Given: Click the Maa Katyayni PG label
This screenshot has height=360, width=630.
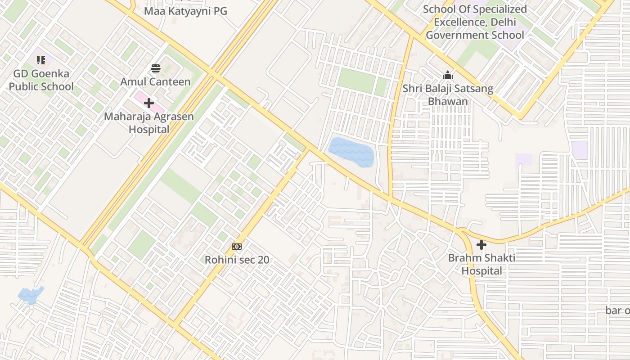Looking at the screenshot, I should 185,11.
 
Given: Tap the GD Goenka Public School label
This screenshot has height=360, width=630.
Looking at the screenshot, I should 41,80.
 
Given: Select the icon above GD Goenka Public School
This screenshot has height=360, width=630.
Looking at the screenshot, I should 41,60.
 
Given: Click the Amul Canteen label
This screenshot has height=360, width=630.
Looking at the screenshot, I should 155,82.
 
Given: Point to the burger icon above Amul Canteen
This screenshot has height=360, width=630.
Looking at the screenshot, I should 156,68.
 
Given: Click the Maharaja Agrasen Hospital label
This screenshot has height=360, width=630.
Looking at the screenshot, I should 149,123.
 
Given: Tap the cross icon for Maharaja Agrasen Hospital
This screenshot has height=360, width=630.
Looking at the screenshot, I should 149,103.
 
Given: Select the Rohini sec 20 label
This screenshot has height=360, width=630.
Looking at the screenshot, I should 237,260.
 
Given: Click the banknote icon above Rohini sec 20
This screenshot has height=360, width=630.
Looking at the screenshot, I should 237,247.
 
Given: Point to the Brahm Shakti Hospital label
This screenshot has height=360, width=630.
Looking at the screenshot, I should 481,265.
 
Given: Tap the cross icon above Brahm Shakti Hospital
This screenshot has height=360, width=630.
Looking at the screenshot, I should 481,245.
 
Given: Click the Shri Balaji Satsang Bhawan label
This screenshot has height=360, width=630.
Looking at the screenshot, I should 448,95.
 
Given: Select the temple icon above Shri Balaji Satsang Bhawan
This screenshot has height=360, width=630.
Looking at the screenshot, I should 448,75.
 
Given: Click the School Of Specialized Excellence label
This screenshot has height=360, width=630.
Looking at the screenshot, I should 475,22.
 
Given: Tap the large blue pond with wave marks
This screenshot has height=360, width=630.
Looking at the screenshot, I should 352,152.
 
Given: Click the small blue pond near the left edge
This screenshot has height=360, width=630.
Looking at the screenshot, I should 31,295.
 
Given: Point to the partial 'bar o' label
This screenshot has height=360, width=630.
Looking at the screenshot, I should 617,310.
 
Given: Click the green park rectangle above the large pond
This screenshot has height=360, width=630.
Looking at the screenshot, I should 356,81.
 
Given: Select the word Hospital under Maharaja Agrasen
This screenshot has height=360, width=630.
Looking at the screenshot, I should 149,130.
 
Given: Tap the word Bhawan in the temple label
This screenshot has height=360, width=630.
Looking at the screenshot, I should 448,102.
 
